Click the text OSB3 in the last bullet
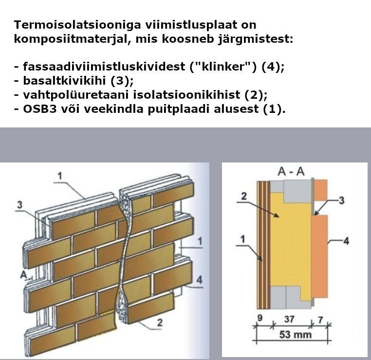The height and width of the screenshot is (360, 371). click(x=38, y=108)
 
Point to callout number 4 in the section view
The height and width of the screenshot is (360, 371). click(x=346, y=240)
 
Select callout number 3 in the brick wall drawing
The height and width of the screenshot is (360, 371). click(x=20, y=205)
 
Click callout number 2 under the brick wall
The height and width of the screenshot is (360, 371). click(x=160, y=322)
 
